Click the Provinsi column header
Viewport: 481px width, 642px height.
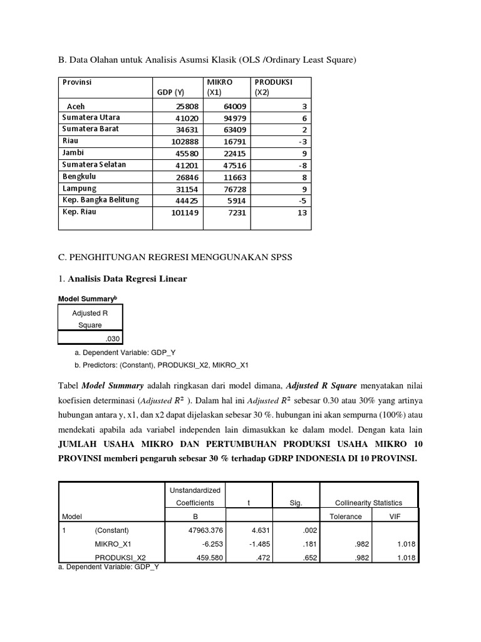point(76,82)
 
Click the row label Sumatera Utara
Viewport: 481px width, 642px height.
point(91,117)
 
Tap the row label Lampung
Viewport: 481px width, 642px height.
point(79,188)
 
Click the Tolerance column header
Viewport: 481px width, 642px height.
point(345,517)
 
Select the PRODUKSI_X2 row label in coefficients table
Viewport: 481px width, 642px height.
point(120,557)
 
